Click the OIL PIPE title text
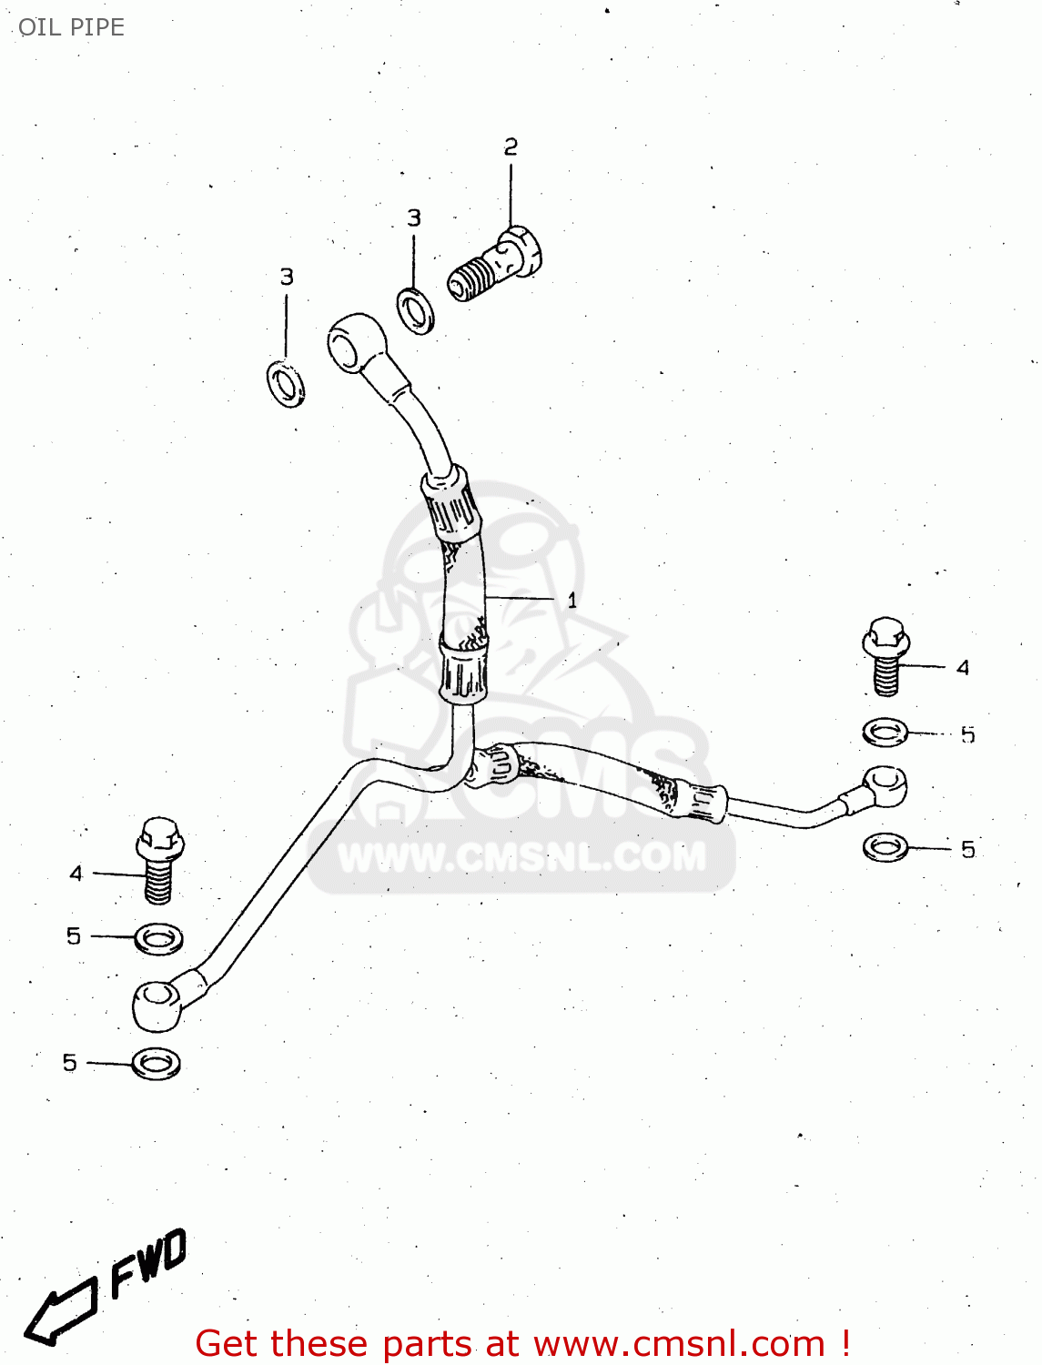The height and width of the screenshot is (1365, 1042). coord(71,27)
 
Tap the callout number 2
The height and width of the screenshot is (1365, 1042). coord(511,147)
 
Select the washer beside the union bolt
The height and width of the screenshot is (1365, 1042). coord(416,311)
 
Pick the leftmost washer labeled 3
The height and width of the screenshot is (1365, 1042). coord(286,383)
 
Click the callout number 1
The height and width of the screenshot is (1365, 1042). coord(572,601)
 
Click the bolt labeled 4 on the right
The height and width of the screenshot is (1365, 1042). coord(885,655)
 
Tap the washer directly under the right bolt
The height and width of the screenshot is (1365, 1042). coord(885,732)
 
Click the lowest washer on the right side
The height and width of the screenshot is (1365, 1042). coord(885,847)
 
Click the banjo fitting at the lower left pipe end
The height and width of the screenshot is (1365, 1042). coord(158,1005)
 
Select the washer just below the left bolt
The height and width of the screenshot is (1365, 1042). coord(159,938)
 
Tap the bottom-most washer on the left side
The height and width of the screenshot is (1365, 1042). coord(157,1062)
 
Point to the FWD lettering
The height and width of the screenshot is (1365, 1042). coord(149,1262)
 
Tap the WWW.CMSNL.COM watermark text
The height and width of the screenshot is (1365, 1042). coord(521,857)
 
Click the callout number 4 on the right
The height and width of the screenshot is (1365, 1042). coord(963,668)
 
